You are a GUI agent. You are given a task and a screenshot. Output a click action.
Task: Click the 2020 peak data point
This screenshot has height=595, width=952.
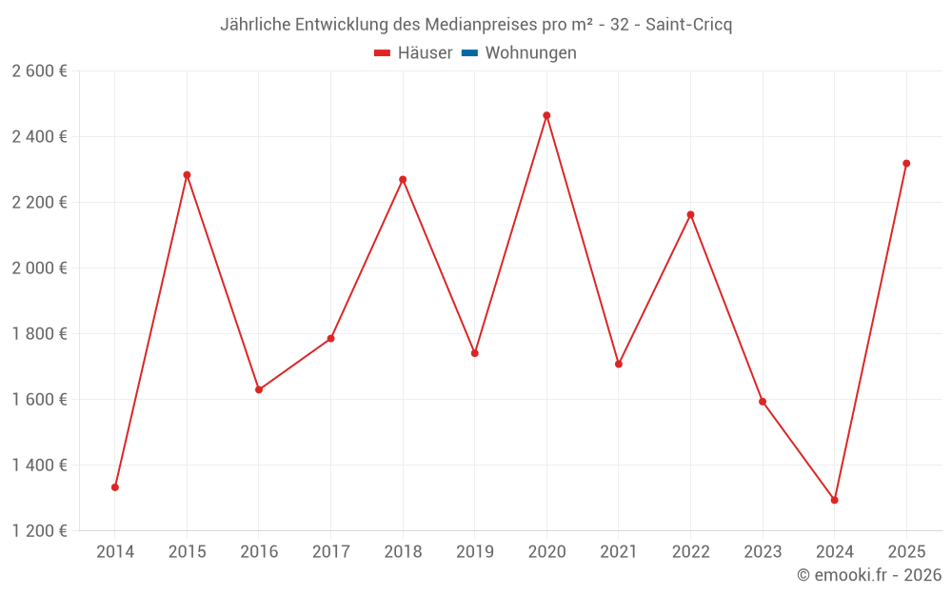[546, 115]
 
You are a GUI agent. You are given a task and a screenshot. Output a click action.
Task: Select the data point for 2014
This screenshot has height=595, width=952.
[115, 487]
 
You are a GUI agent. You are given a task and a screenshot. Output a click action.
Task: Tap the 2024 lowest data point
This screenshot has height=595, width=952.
[834, 500]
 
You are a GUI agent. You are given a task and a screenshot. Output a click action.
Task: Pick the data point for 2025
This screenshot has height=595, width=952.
[906, 164]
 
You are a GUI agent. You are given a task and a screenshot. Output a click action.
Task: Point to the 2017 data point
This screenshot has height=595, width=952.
[330, 338]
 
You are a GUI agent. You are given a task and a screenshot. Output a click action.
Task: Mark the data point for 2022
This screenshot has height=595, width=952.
[690, 215]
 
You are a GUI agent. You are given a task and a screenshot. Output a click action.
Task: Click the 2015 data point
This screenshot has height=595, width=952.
[187, 175]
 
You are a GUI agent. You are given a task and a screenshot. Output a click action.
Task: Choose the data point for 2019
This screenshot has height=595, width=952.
[474, 353]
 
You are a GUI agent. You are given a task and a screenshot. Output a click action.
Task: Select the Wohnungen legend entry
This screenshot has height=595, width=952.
[530, 53]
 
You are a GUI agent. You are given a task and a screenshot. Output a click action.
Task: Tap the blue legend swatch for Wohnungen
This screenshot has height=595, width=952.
[469, 53]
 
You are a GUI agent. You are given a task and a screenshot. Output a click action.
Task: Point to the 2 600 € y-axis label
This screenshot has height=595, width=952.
[40, 71]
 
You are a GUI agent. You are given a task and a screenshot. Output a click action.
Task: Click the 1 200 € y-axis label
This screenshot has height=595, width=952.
[40, 531]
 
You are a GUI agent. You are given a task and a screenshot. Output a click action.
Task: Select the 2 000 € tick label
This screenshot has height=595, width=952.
[40, 268]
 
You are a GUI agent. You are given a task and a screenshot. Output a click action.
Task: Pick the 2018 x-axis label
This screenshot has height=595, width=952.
[403, 551]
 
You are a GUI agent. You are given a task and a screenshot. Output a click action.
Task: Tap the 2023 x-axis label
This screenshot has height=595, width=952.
[763, 551]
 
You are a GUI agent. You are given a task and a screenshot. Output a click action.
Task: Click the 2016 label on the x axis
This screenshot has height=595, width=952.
[259, 551]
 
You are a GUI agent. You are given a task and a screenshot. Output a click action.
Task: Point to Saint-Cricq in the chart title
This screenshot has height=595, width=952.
[688, 25]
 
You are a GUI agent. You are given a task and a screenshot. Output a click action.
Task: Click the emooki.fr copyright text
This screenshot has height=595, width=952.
[869, 575]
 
